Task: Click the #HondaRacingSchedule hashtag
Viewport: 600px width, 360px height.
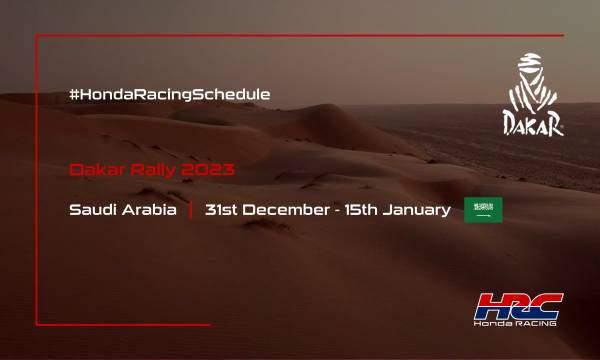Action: click(x=170, y=94)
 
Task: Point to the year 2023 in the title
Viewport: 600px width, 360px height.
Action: click(x=211, y=170)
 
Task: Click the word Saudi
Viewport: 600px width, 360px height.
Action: click(x=92, y=210)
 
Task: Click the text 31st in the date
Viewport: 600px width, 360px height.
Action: click(x=221, y=210)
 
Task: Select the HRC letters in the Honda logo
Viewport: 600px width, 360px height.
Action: click(x=520, y=305)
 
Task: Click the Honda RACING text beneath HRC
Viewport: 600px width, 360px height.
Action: click(x=519, y=325)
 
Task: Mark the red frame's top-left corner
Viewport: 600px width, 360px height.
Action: click(x=37, y=36)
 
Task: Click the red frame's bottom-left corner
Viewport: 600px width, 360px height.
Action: click(x=37, y=324)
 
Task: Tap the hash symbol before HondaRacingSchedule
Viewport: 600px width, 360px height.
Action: click(x=74, y=94)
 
